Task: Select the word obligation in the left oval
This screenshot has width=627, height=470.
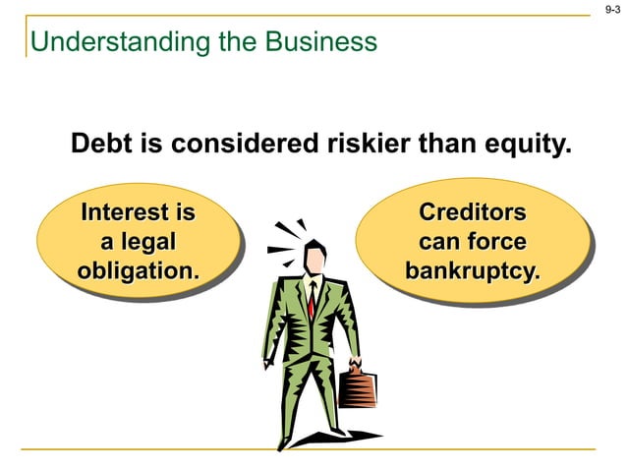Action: (137, 268)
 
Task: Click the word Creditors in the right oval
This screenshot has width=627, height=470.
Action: (472, 212)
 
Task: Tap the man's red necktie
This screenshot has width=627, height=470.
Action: (311, 300)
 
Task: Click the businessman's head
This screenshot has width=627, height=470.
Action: (313, 258)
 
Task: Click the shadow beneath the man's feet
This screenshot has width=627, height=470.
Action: (334, 438)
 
